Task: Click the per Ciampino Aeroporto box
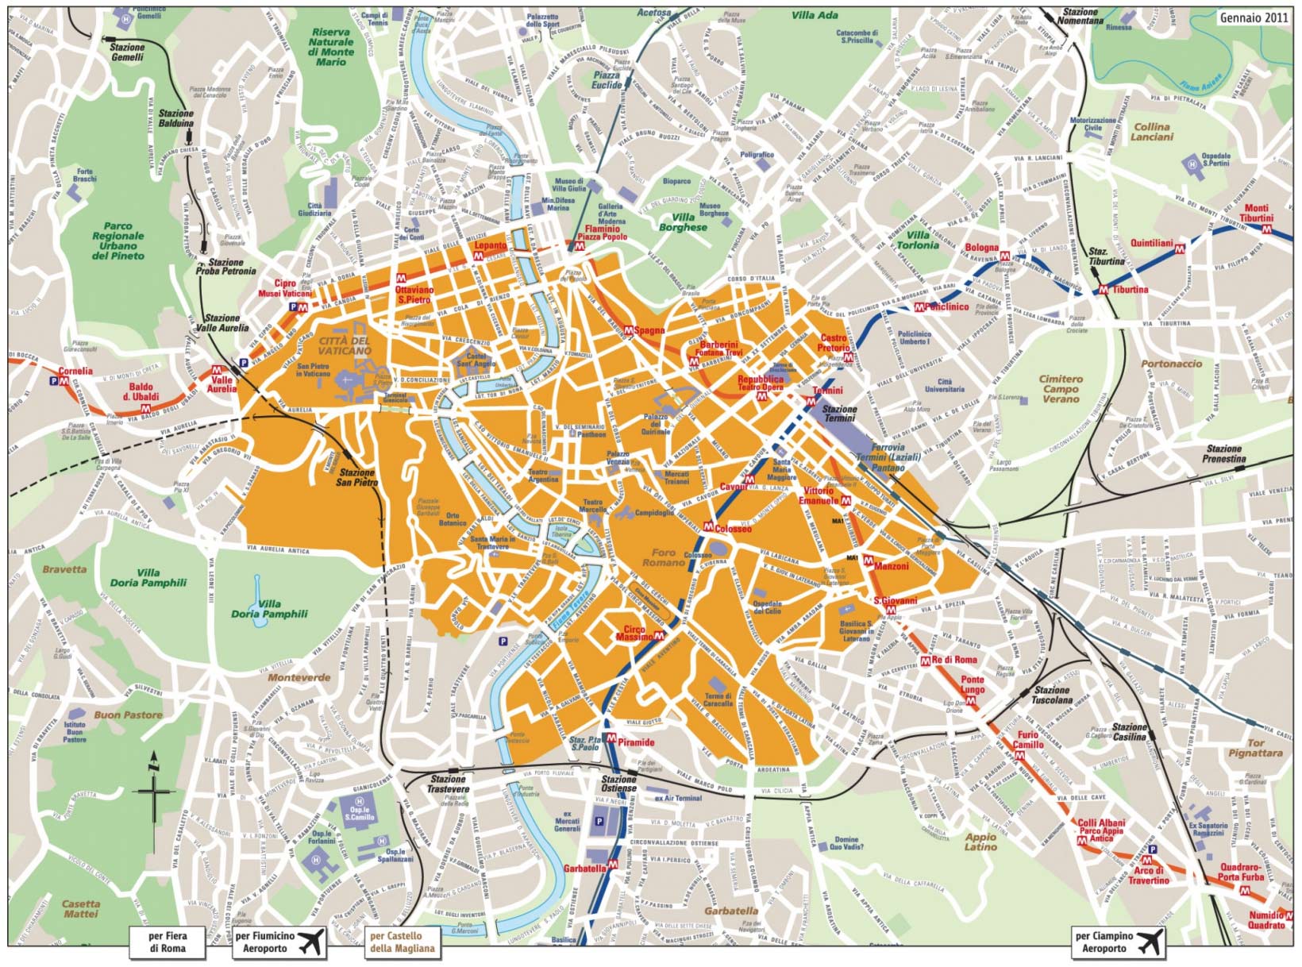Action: [x=1119, y=942]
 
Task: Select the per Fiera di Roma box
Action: [x=168, y=942]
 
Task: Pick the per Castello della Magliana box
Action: [x=402, y=942]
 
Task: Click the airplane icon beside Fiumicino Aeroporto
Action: [x=312, y=942]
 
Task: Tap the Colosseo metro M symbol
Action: [x=708, y=525]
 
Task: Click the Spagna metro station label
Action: [x=649, y=330]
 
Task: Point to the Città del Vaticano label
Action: [x=344, y=346]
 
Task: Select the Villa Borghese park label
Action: [x=683, y=222]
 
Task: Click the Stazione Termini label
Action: [x=839, y=414]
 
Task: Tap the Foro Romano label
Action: [x=664, y=557]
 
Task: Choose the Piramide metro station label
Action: [x=636, y=742]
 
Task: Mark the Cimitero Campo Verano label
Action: [x=1061, y=389]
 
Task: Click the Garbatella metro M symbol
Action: [x=613, y=864]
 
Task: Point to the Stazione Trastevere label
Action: [x=448, y=784]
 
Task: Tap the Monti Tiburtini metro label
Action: [x=1255, y=213]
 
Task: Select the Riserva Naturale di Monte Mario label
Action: [x=331, y=47]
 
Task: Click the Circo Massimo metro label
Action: [x=634, y=634]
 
